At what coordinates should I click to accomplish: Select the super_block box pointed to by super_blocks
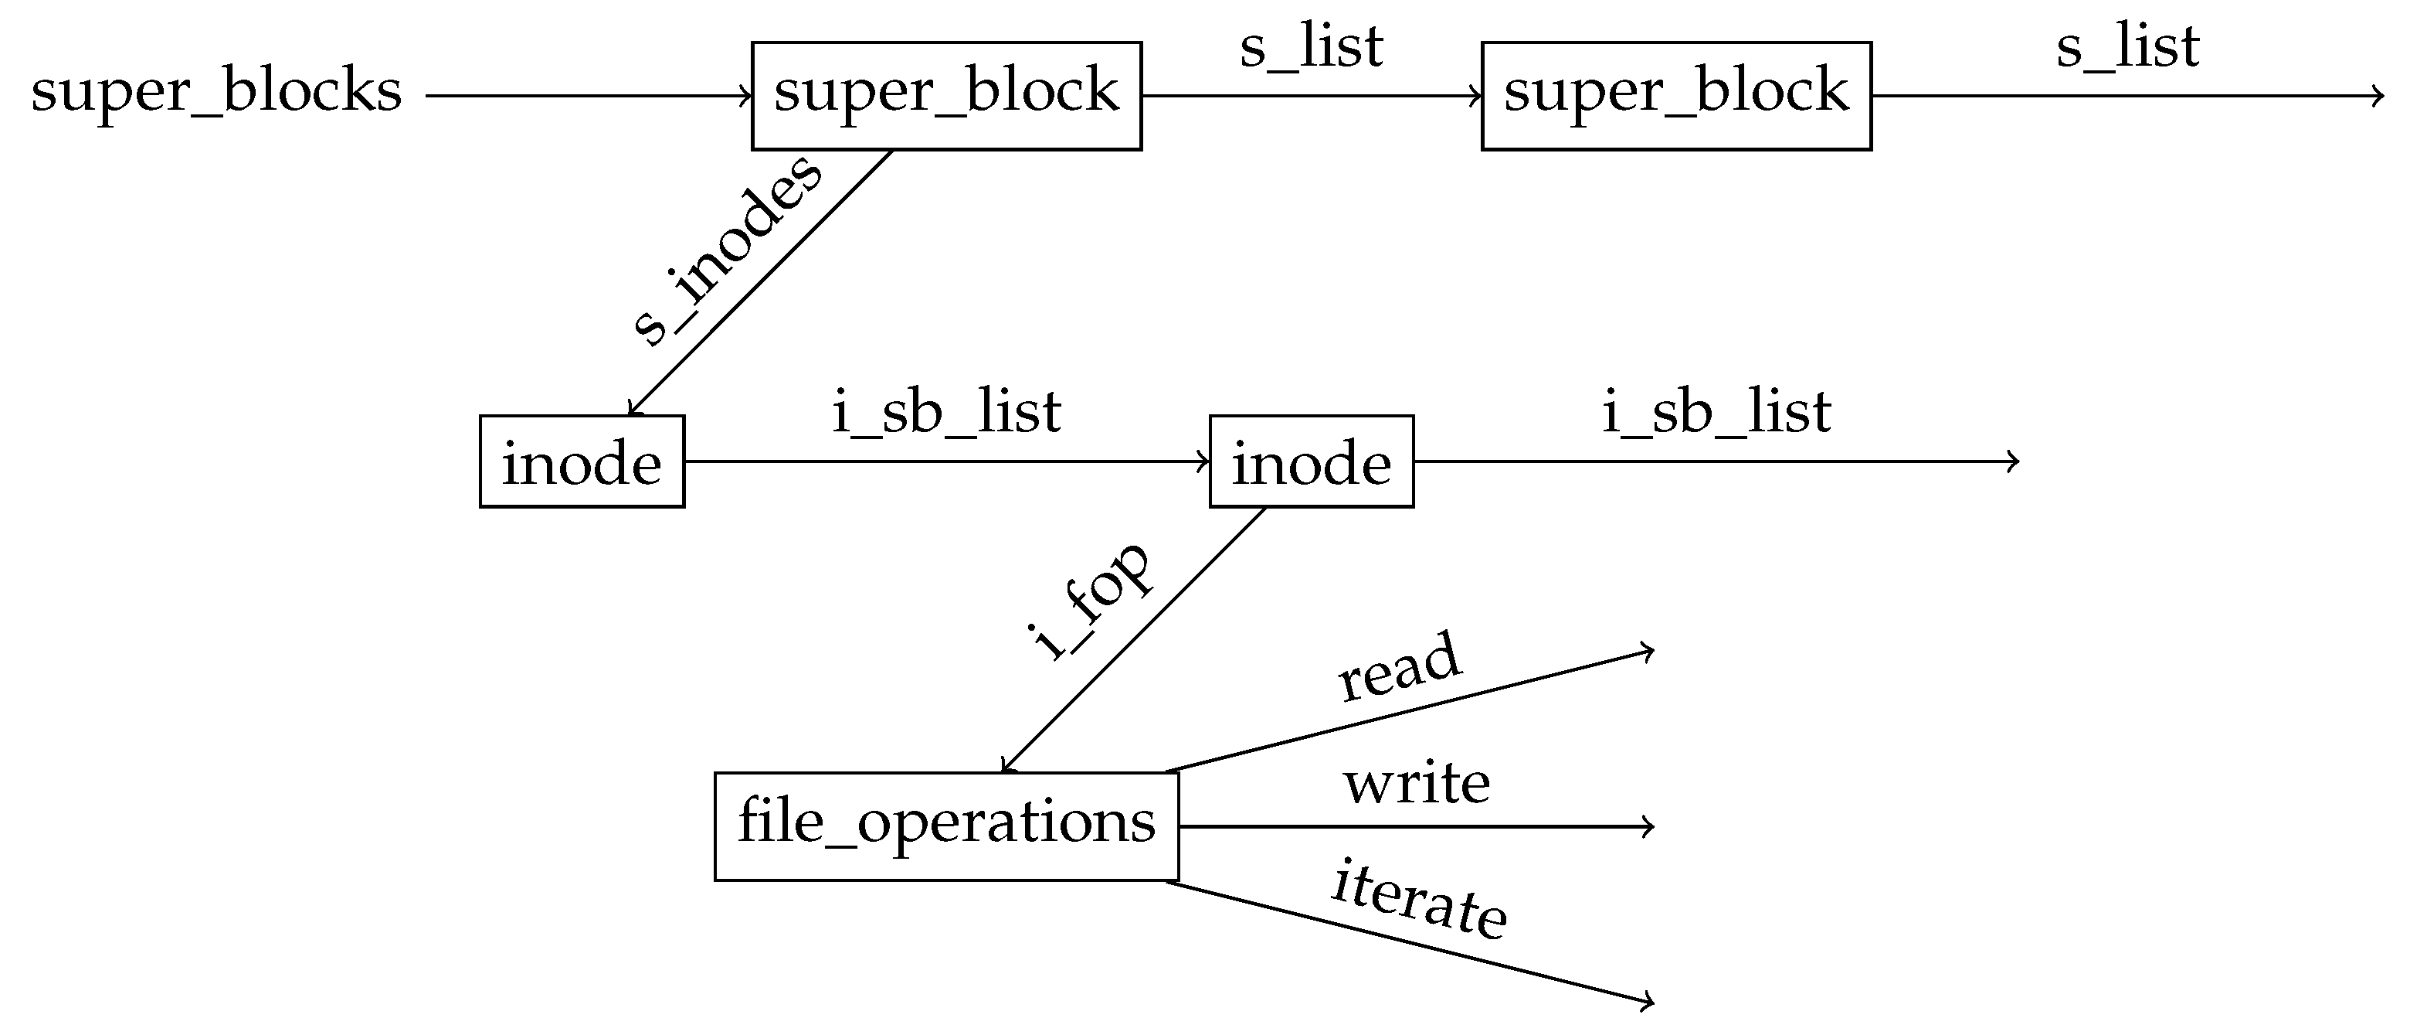pyautogui.click(x=946, y=95)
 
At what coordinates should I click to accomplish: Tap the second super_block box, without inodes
pyautogui.click(x=1675, y=95)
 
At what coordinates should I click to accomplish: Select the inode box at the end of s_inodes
pyautogui.click(x=582, y=461)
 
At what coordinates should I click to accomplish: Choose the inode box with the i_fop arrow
pyautogui.click(x=1311, y=461)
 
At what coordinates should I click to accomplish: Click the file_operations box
pyautogui.click(x=946, y=826)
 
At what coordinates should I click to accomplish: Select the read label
pyautogui.click(x=1399, y=666)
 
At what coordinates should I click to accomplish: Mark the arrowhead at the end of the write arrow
pyautogui.click(x=1651, y=826)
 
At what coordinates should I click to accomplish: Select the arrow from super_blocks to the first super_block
pyautogui.click(x=589, y=95)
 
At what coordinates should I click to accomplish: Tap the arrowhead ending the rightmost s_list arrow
pyautogui.click(x=2379, y=95)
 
